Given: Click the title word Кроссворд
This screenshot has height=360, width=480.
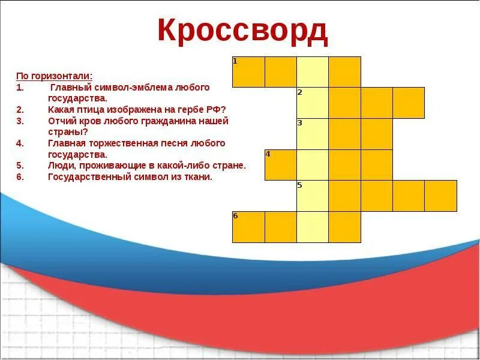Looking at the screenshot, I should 243,31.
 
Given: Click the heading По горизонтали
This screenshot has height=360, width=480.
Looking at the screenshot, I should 54,76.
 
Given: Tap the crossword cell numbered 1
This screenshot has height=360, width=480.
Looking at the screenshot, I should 248,72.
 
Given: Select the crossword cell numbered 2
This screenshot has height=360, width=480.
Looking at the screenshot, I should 313,103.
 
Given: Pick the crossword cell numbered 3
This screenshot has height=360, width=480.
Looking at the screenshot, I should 313,134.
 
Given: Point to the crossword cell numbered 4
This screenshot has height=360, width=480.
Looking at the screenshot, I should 281,165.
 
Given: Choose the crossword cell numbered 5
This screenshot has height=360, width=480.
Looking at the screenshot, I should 313,196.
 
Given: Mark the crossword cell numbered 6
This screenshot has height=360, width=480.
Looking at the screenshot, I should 248,227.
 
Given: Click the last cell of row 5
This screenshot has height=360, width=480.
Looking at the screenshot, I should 441,196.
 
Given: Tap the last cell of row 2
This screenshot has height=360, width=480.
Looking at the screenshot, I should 409,103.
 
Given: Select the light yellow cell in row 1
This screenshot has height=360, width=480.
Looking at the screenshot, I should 313,72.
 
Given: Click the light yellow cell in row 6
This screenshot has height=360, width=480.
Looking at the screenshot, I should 313,227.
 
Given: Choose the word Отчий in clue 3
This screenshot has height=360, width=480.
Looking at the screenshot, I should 61,121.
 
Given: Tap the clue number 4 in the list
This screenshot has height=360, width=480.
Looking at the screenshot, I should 19,143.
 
